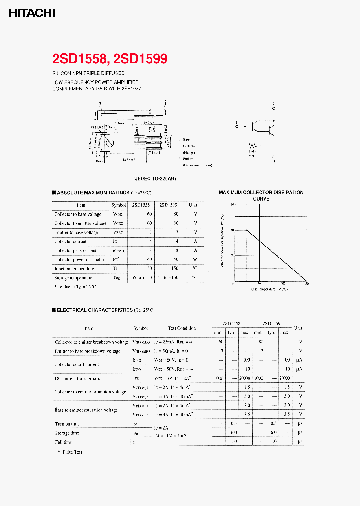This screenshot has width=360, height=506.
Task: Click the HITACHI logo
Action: pos(31,13)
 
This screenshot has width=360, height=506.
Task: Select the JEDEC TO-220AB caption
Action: pos(154,178)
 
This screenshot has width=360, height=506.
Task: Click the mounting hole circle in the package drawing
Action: pos(111,142)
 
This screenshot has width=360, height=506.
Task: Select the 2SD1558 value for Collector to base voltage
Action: pos(150,214)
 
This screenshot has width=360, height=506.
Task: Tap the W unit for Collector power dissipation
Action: pos(195,260)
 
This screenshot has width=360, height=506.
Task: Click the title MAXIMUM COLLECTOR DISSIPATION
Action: pos(261,192)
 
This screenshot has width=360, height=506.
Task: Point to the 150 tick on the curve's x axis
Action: pos(306,284)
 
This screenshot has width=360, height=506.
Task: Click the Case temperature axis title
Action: pos(269,289)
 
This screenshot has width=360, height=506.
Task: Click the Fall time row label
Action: pos(63,442)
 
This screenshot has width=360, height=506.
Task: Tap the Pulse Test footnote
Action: pos(73,452)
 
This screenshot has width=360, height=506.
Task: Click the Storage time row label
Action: pos(67,433)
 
